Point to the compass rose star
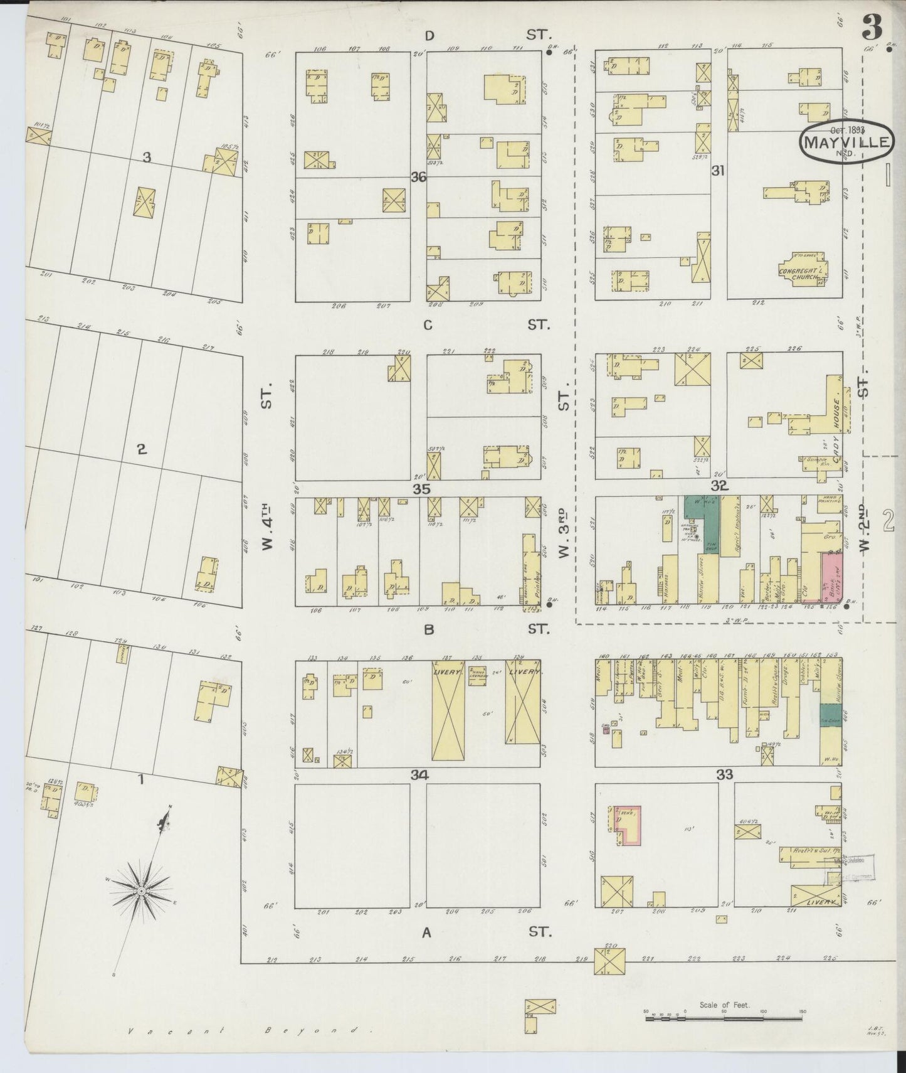tap(142, 890)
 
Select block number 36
tap(418, 178)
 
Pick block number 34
tap(419, 776)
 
